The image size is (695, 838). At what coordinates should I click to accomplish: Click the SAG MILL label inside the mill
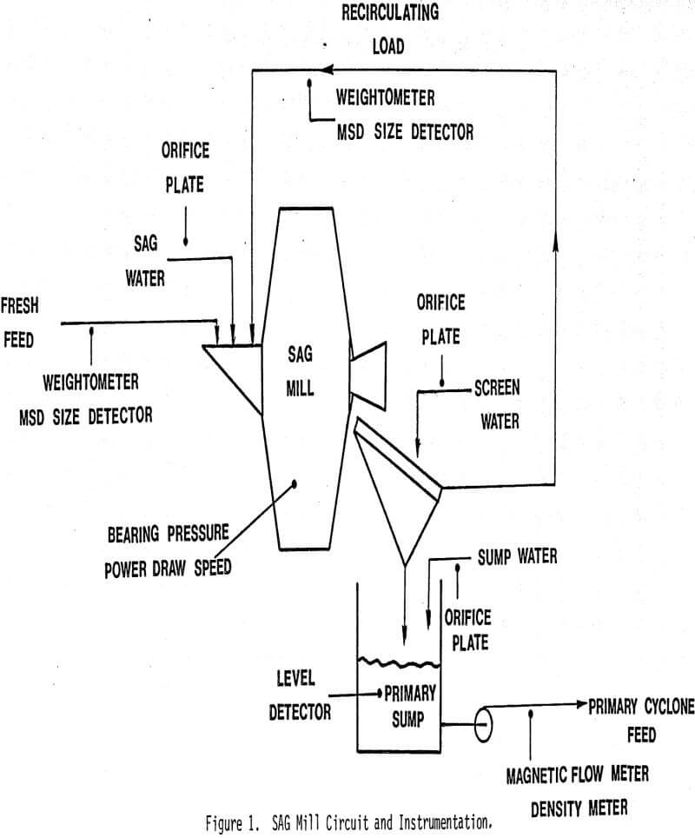pyautogui.click(x=300, y=369)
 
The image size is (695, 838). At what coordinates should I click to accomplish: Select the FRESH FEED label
pyautogui.click(x=18, y=322)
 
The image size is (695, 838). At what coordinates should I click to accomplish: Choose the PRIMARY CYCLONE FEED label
pyautogui.click(x=641, y=720)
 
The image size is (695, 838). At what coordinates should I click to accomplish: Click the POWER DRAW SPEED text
pyautogui.click(x=169, y=570)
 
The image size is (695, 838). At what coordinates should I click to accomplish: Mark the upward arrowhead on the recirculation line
pyautogui.click(x=555, y=249)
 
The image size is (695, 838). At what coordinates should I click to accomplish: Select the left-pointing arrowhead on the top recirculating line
pyautogui.click(x=327, y=70)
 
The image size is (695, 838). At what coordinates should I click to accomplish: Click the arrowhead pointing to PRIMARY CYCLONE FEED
pyautogui.click(x=581, y=705)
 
